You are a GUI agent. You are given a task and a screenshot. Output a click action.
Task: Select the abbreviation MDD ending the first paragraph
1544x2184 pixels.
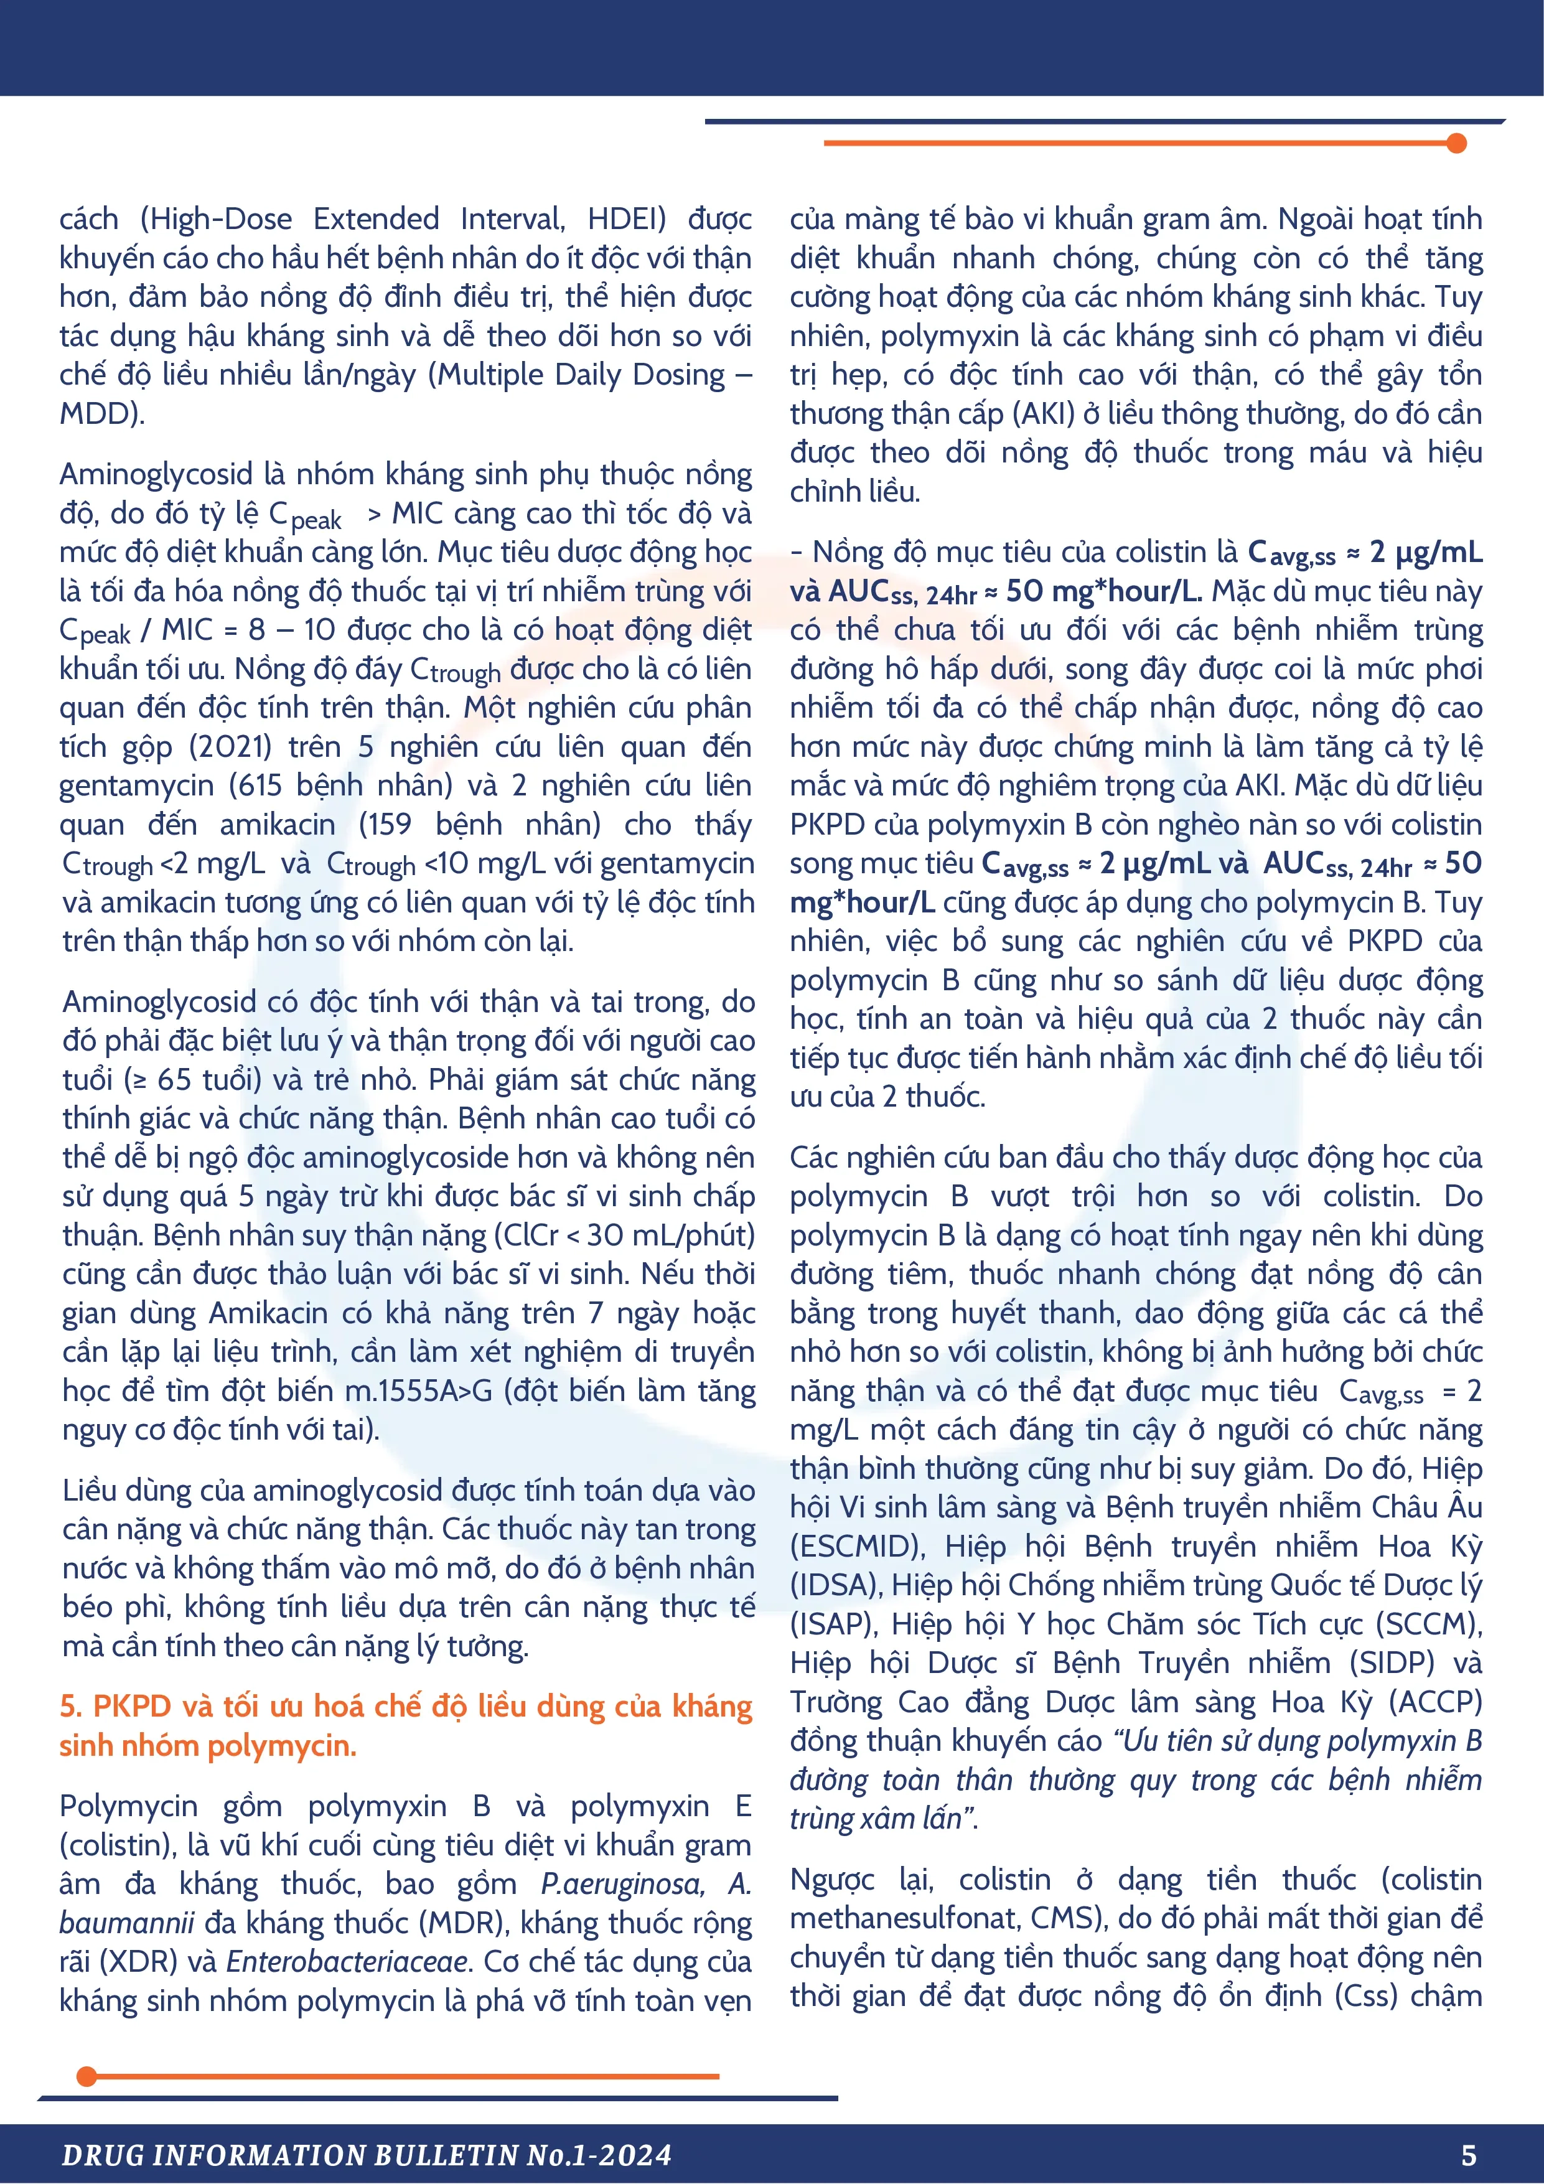pyautogui.click(x=99, y=415)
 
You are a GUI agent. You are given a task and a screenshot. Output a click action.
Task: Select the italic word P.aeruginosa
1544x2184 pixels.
pyautogui.click(x=623, y=1885)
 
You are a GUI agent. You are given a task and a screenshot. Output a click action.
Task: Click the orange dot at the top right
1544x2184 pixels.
pyautogui.click(x=1456, y=144)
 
